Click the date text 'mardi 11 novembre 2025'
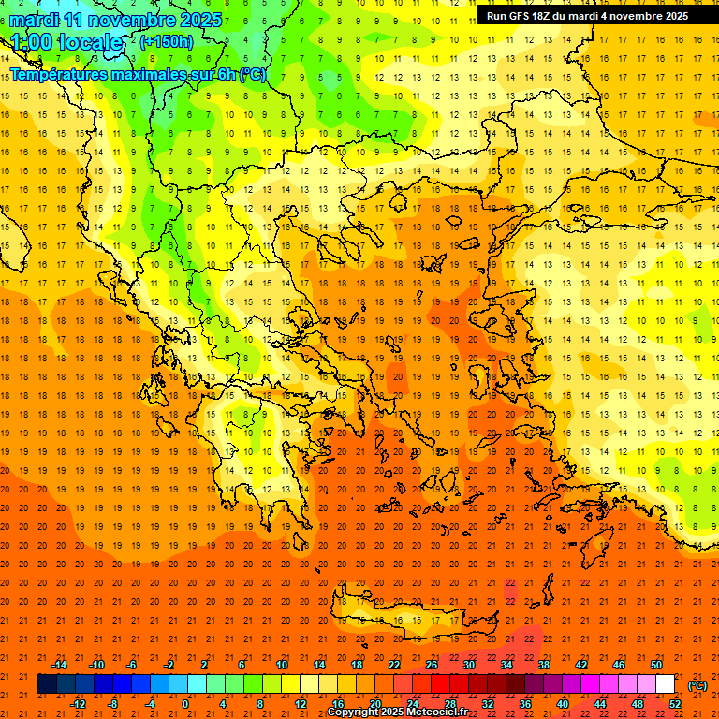pos(116,20)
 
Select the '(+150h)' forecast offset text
pos(167,42)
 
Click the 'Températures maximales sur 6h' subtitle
pos(138,75)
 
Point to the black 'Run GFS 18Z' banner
pos(587,16)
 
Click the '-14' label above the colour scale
pos(59,665)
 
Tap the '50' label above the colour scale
pos(655,665)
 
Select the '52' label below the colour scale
pos(674,704)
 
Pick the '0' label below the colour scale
pos(185,704)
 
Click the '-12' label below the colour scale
pos(78,704)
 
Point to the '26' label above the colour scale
pos(432,665)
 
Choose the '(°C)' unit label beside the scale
pos(697,685)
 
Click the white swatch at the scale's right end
pos(667,684)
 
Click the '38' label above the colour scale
pos(544,665)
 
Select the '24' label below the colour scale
pos(412,704)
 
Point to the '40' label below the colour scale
pos(562,704)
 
